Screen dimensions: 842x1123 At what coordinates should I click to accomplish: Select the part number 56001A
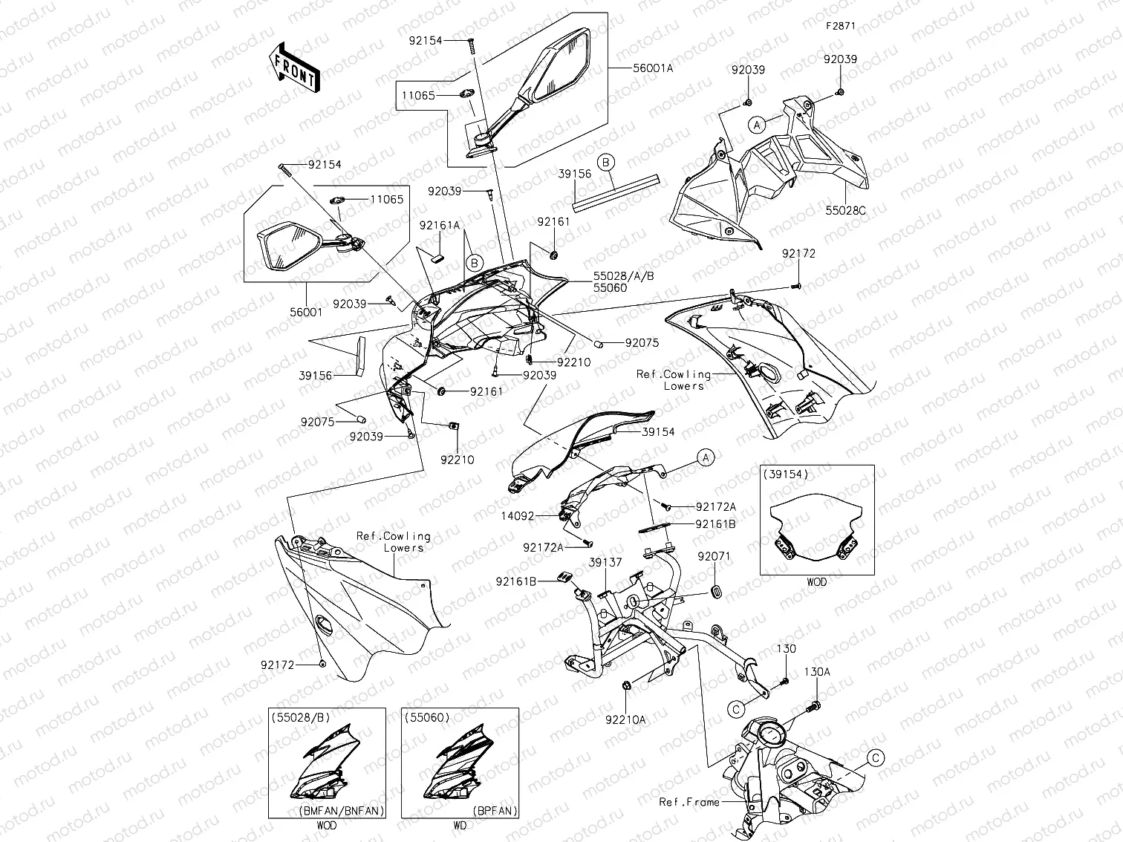click(x=653, y=68)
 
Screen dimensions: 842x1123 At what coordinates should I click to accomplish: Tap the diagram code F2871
click(x=842, y=25)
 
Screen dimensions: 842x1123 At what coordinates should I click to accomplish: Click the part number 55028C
click(x=845, y=211)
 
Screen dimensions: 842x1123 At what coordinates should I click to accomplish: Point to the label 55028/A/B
click(x=623, y=275)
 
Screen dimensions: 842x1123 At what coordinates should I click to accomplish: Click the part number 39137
click(x=605, y=563)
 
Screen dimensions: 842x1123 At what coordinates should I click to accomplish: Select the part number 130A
click(x=817, y=672)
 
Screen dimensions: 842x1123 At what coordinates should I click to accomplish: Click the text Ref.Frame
click(x=689, y=802)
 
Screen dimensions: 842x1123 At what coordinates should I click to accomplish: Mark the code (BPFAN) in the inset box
click(x=493, y=812)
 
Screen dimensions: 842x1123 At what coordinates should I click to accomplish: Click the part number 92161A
click(x=439, y=225)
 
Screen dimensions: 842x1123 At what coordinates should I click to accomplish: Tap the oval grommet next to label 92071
click(x=717, y=591)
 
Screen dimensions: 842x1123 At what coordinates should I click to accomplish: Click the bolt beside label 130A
click(x=816, y=703)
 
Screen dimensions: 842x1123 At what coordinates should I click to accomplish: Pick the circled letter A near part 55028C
click(x=756, y=125)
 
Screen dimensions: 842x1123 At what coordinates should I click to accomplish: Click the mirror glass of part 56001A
click(x=562, y=66)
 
